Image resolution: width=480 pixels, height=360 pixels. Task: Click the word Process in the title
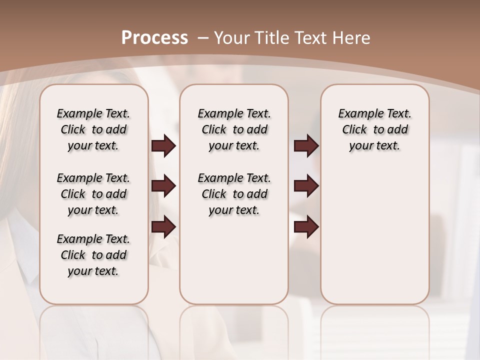pyautogui.click(x=154, y=37)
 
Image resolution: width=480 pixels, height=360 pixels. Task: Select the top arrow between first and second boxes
pyautogui.click(x=163, y=146)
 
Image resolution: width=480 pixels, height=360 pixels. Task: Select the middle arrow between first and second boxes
pyautogui.click(x=163, y=186)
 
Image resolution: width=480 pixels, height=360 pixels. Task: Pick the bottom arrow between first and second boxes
pyautogui.click(x=163, y=227)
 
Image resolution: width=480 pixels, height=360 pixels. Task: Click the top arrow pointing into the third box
pyautogui.click(x=306, y=146)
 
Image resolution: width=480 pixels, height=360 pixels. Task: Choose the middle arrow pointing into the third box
pyautogui.click(x=306, y=186)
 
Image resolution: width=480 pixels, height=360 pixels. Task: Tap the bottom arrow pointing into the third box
pyautogui.click(x=306, y=227)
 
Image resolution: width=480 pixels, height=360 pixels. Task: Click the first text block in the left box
pyautogui.click(x=93, y=129)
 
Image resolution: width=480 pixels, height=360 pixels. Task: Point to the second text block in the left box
pyautogui.click(x=93, y=194)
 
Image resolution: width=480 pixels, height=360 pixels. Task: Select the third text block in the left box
pyautogui.click(x=93, y=255)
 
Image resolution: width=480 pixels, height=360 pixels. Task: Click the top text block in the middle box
pyautogui.click(x=234, y=129)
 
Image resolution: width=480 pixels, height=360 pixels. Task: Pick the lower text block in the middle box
pyautogui.click(x=234, y=194)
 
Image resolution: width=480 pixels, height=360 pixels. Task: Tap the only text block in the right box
pyautogui.click(x=374, y=129)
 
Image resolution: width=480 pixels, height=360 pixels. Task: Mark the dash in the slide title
pyautogui.click(x=203, y=37)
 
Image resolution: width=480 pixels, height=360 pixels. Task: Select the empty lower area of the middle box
pyautogui.click(x=234, y=260)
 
